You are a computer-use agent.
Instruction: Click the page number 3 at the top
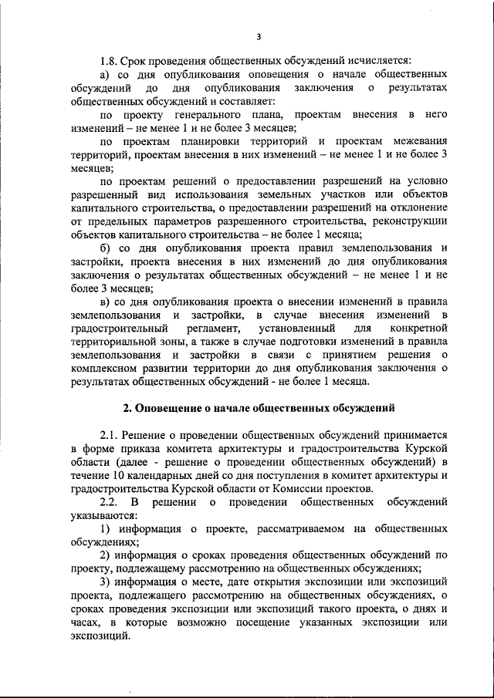pyautogui.click(x=259, y=35)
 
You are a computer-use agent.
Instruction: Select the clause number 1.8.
pyautogui.click(x=110, y=60)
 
